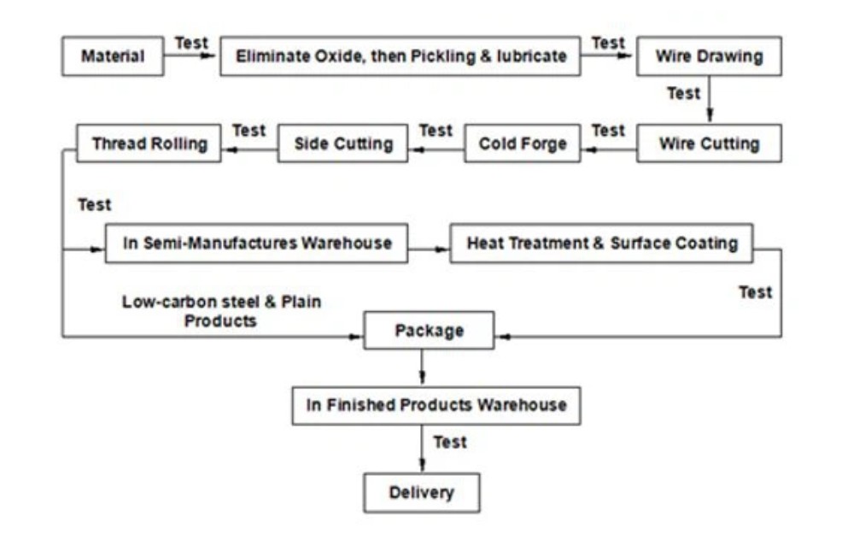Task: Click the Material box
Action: (113, 56)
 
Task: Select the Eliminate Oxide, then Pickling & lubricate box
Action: (400, 56)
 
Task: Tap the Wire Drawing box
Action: (709, 56)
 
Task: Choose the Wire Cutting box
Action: (709, 144)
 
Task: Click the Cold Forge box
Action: (523, 144)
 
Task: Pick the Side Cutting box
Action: (343, 144)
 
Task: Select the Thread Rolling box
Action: (149, 144)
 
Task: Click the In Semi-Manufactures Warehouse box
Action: (257, 244)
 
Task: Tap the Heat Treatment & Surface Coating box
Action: (602, 244)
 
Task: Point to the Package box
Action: (429, 331)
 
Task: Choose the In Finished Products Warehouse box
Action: (436, 405)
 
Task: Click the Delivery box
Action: (422, 492)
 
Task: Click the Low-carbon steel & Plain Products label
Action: (221, 311)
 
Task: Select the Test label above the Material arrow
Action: (191, 43)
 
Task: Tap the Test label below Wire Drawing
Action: (683, 93)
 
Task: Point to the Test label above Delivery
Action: (450, 442)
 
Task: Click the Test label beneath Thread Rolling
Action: (94, 205)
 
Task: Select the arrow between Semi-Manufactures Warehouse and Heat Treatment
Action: (429, 249)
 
